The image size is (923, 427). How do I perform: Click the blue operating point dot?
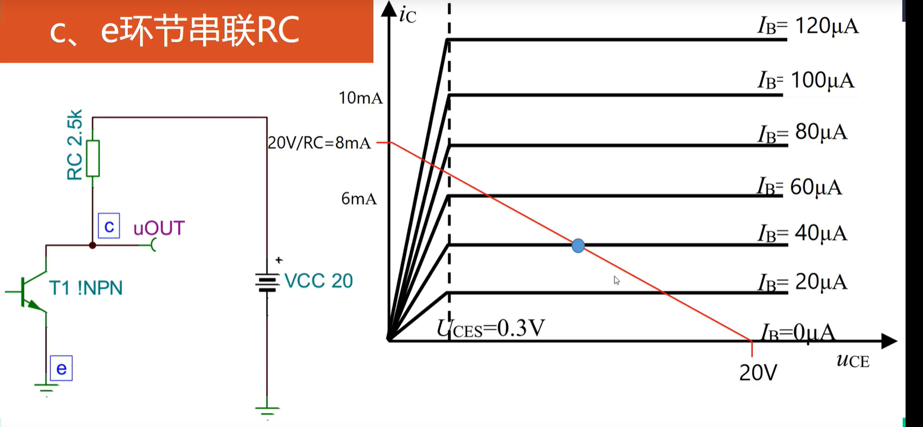[578, 245]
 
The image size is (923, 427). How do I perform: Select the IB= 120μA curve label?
[807, 26]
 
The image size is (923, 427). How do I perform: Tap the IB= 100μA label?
[806, 81]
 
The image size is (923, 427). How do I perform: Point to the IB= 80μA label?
[802, 133]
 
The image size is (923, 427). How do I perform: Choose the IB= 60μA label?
[799, 187]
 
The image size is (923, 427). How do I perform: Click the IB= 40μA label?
[802, 233]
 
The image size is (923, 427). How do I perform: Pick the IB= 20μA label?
[802, 282]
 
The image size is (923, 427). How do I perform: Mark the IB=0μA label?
[797, 332]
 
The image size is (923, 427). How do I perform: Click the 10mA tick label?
[360, 98]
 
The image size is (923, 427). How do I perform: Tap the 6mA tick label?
[359, 199]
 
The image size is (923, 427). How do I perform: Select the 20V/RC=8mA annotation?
[319, 143]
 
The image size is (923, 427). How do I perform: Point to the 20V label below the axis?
[758, 373]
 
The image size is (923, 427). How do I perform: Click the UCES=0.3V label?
[491, 329]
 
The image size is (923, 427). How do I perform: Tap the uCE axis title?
[853, 360]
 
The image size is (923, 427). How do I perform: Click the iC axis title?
[407, 15]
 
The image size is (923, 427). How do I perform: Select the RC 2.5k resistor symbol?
[93, 158]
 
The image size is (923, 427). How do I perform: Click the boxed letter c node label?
[109, 226]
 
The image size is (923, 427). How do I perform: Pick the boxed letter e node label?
[61, 369]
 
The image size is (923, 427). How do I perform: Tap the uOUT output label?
[159, 228]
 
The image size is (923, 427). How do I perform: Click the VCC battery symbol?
[267, 282]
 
